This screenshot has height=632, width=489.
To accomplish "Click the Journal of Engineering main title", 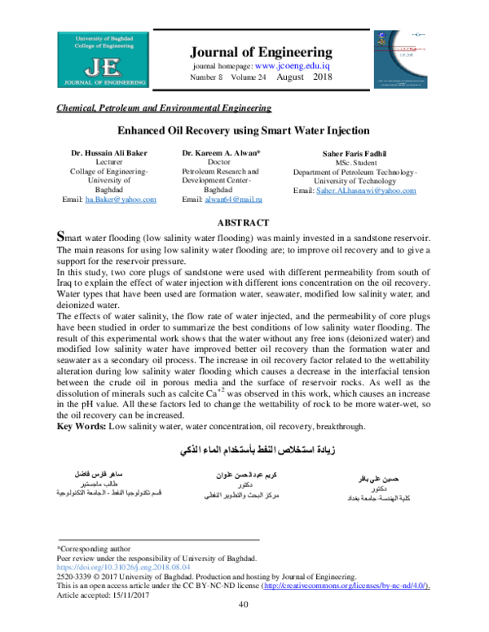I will pos(261,51).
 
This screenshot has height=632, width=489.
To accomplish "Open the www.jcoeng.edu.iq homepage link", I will pos(293,66).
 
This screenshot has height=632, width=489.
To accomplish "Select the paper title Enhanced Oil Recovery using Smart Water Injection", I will pos(244,130).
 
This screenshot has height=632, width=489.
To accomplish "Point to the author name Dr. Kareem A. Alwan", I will pos(222,153).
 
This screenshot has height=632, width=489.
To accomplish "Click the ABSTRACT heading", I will pos(244,222).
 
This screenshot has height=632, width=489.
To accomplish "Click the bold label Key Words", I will pos(81,425).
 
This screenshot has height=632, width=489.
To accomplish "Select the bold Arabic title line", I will pos(244,450).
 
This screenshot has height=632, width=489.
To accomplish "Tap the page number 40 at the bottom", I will pos(243,604).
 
